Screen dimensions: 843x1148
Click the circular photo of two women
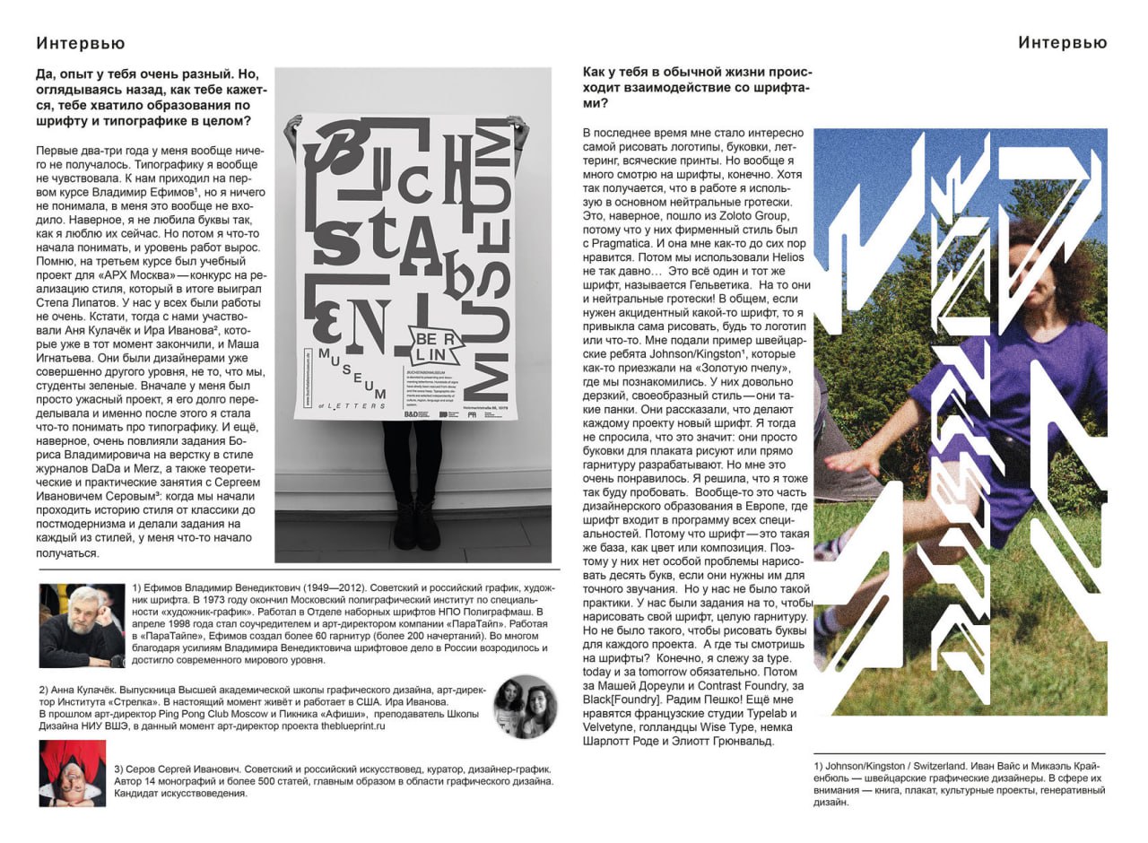(525, 706)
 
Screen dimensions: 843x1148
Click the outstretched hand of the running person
(839, 463)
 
